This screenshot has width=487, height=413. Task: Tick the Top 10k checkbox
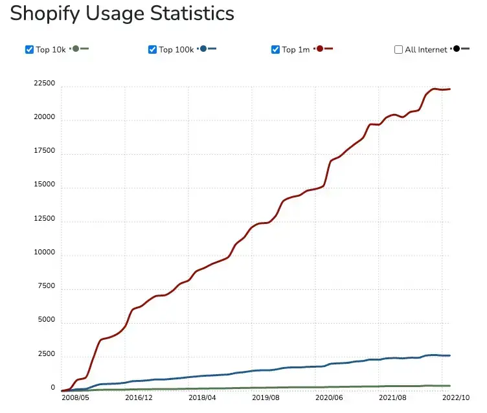click(x=29, y=49)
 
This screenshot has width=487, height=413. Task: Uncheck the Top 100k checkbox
click(x=152, y=49)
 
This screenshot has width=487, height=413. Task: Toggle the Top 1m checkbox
click(x=275, y=49)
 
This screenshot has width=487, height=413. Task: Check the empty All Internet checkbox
click(x=398, y=49)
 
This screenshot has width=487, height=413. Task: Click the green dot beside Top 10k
click(x=76, y=49)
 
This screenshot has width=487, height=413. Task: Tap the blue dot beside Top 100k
click(x=203, y=49)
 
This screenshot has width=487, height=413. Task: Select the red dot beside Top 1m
click(x=320, y=49)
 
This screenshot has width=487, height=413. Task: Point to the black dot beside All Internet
click(x=457, y=49)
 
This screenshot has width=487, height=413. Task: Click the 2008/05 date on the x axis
click(x=75, y=398)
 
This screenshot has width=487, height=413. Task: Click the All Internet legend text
click(x=425, y=50)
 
